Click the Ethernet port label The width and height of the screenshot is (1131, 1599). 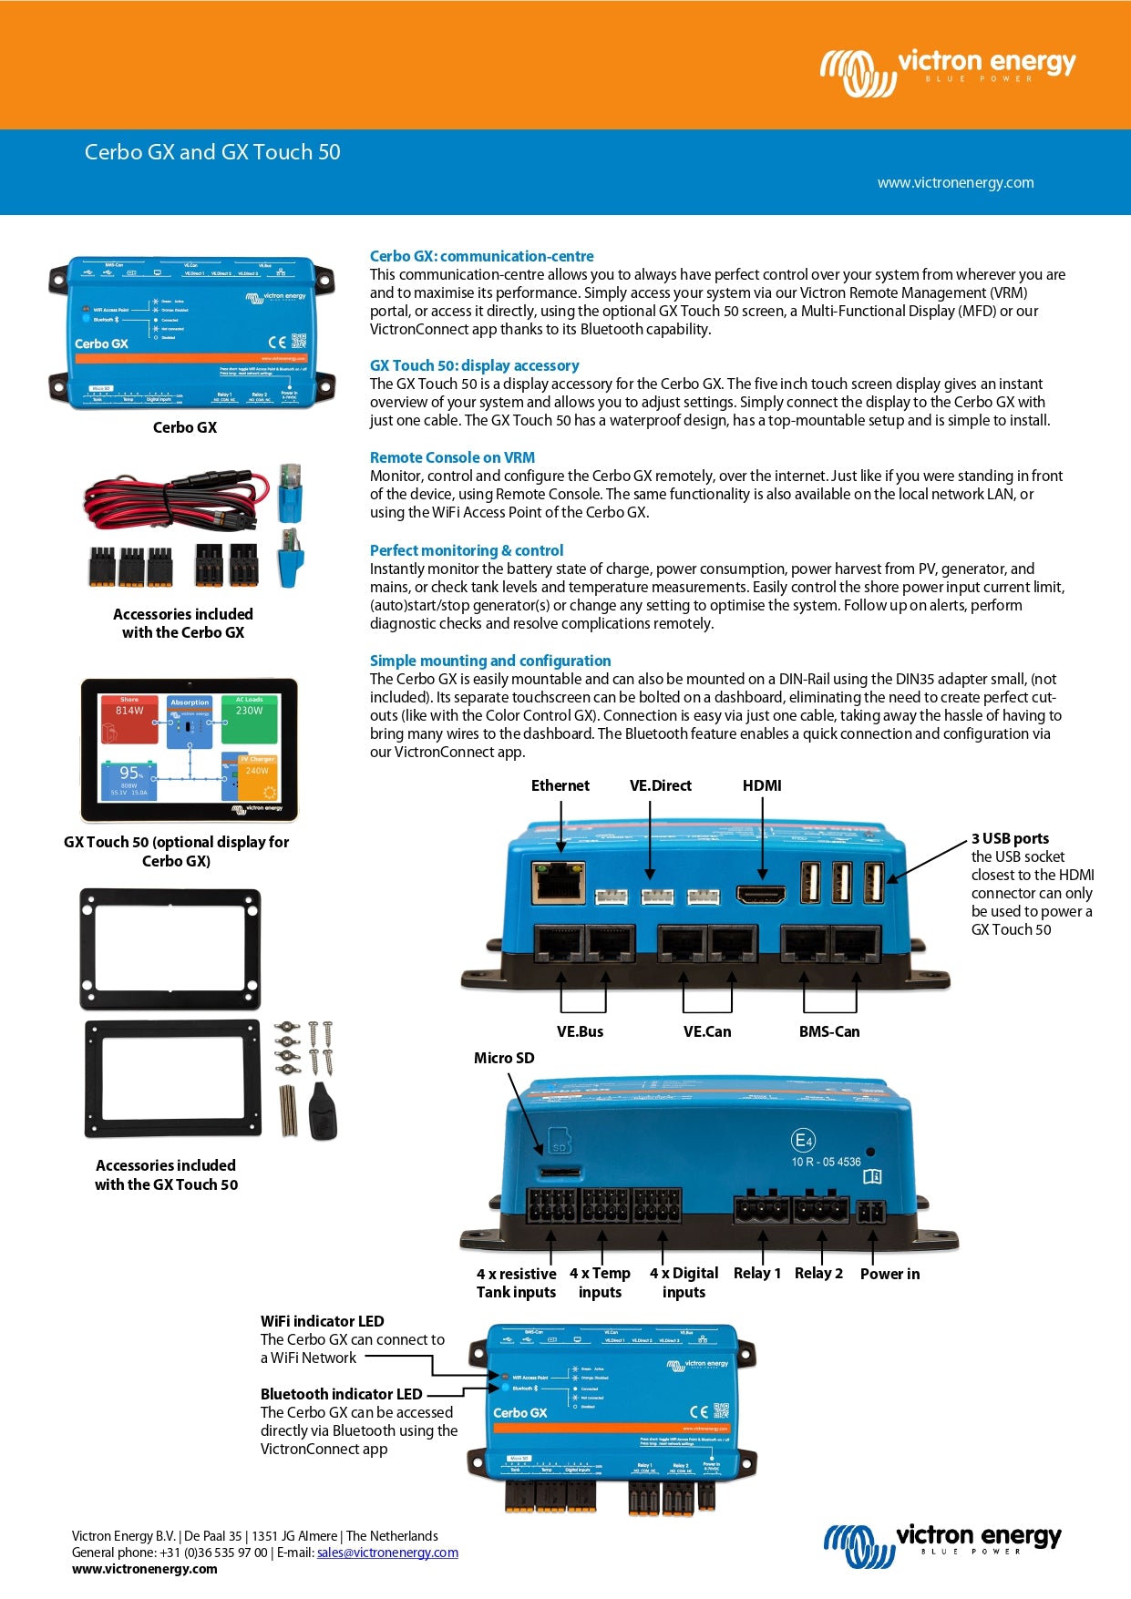pyautogui.click(x=560, y=785)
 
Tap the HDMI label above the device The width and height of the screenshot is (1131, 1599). pyautogui.click(x=762, y=785)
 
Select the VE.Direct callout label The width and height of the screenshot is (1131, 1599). pyautogui.click(x=660, y=785)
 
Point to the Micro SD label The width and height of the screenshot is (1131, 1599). pyautogui.click(x=504, y=1058)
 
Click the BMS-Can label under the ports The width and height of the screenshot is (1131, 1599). pyautogui.click(x=829, y=1031)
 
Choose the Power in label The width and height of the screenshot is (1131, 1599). pyautogui.click(x=889, y=1274)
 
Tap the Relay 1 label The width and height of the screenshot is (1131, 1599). pyautogui.click(x=757, y=1273)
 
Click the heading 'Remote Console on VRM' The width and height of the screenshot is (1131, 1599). pyautogui.click(x=452, y=457)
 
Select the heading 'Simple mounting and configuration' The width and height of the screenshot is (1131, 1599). pyautogui.click(x=490, y=661)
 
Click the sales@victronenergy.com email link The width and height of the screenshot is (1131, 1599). pyautogui.click(x=387, y=1553)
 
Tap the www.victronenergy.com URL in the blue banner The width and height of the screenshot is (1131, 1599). pyautogui.click(x=955, y=182)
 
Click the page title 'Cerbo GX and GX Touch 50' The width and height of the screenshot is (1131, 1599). pyautogui.click(x=212, y=152)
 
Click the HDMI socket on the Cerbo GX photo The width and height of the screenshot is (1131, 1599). pyautogui.click(x=761, y=894)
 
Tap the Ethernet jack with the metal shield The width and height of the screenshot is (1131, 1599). pyautogui.click(x=558, y=881)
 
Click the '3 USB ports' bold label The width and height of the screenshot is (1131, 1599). pyautogui.click(x=1010, y=838)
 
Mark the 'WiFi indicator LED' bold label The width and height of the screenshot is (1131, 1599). pyautogui.click(x=322, y=1321)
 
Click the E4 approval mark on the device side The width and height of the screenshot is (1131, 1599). pyautogui.click(x=803, y=1140)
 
